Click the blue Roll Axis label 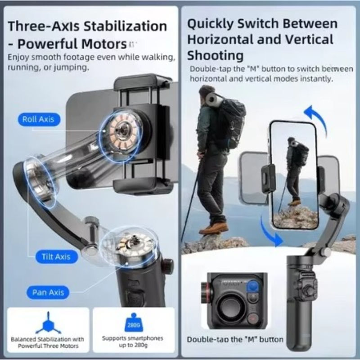coord(39,119)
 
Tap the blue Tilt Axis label coord(56,256)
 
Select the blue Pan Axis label coord(48,292)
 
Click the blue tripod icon coord(48,323)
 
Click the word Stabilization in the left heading coord(125,26)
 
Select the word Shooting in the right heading coord(215,56)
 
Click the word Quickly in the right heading coord(210,24)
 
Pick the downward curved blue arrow coord(270,232)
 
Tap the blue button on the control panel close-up coord(253,286)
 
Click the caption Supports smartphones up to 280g coord(133,342)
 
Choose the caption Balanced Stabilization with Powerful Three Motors coord(48,342)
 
